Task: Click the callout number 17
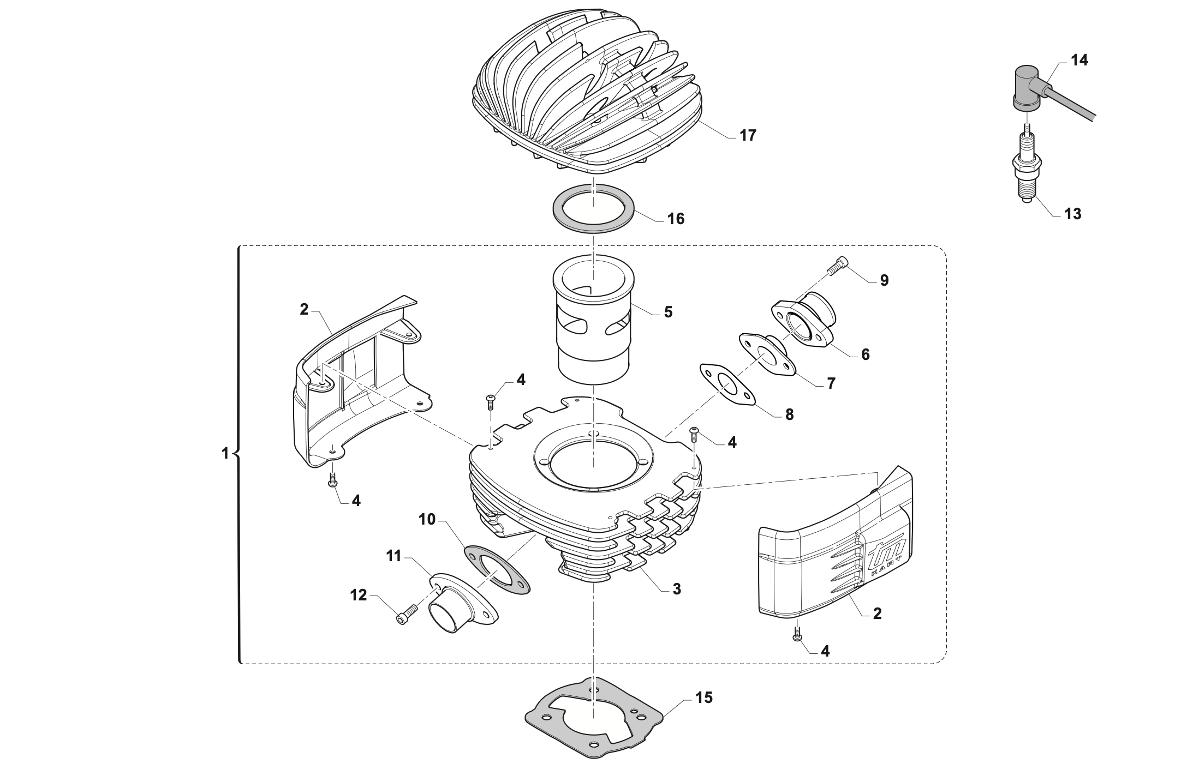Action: [x=748, y=136]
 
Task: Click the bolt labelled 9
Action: [x=839, y=267]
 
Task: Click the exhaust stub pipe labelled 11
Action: [x=458, y=611]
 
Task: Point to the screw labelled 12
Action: [x=407, y=616]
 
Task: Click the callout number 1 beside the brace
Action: [x=225, y=453]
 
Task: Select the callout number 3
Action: [x=677, y=589]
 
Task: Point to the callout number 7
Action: [x=831, y=383]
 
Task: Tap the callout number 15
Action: [x=704, y=697]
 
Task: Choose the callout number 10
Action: [x=427, y=520]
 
